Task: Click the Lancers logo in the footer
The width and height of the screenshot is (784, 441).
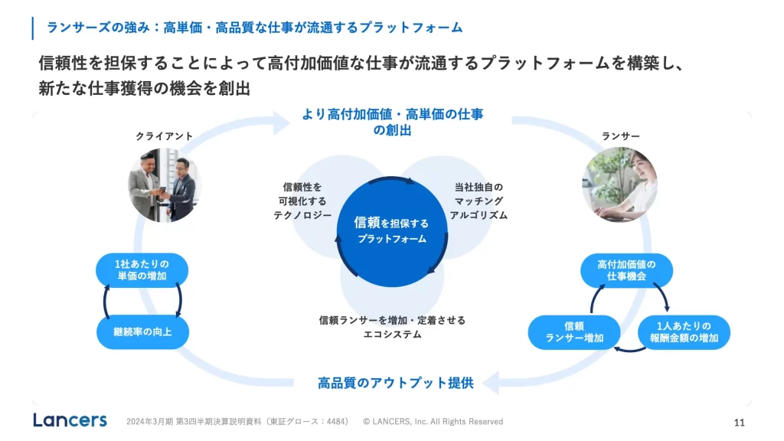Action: point(70,420)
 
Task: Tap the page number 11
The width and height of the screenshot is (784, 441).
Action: point(739,422)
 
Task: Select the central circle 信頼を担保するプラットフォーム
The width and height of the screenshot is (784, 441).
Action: point(391,230)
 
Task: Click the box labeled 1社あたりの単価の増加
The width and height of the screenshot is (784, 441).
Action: point(142,269)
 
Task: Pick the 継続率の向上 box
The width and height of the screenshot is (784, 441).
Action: point(143,332)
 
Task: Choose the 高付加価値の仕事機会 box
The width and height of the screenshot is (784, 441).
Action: point(626,269)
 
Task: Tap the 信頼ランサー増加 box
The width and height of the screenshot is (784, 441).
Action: point(574,332)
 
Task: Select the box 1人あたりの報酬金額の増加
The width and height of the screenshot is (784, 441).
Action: point(683,332)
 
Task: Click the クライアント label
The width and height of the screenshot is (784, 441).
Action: point(165,136)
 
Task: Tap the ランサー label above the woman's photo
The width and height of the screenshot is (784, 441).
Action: point(621,136)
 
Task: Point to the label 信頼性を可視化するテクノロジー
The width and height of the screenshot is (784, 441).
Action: point(302,201)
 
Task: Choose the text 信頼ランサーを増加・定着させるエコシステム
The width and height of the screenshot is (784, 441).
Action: point(392,327)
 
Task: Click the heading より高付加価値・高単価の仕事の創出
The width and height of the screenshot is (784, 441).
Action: point(392,122)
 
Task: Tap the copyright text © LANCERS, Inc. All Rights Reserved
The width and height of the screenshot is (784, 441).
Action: point(433,422)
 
